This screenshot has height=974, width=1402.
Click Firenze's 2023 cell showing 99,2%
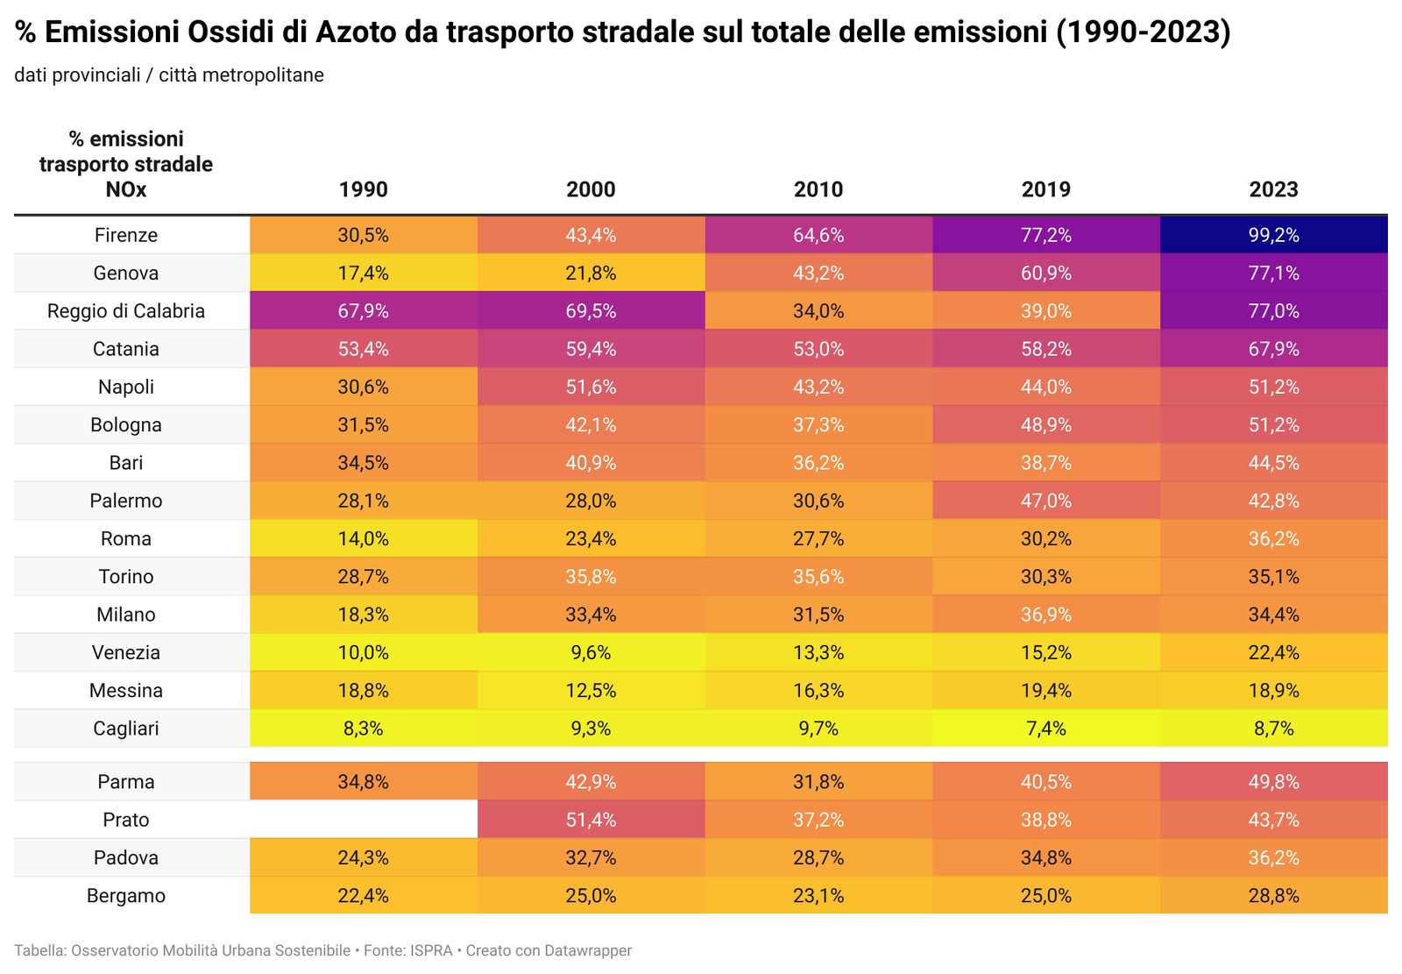(1273, 235)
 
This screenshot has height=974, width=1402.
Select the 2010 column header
(818, 189)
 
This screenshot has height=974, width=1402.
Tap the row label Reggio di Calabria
(126, 311)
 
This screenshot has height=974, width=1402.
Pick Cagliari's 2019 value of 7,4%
(1046, 729)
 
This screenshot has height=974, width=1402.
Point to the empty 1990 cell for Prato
(364, 820)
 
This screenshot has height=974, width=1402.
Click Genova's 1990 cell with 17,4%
(364, 273)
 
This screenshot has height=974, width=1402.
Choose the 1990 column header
(364, 189)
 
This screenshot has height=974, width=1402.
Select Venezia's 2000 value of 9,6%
(591, 652)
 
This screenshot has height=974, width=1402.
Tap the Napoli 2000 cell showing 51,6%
(591, 387)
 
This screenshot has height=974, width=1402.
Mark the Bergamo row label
(126, 896)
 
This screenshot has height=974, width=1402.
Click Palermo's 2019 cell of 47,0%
(1046, 501)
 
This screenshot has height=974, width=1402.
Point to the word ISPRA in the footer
(431, 950)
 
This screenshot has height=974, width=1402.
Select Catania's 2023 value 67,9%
(1273, 349)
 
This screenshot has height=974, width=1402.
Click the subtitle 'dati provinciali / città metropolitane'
(169, 75)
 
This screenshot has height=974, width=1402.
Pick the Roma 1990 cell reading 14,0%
(364, 538)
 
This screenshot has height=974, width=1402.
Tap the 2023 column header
(1273, 189)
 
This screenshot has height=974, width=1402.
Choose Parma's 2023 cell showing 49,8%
(1273, 782)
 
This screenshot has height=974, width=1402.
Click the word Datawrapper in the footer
(588, 950)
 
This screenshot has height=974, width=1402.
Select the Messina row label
(126, 691)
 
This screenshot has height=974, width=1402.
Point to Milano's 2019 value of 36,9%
(1046, 615)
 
